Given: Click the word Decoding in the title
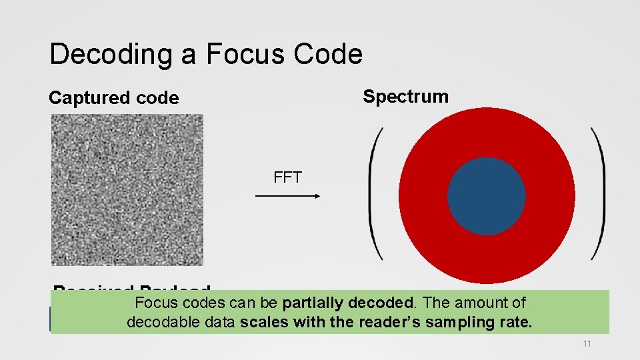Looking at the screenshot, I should click(x=111, y=54).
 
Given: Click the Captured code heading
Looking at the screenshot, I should click(x=114, y=98).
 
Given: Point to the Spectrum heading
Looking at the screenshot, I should click(x=405, y=97).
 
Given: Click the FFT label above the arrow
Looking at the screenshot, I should click(x=287, y=177).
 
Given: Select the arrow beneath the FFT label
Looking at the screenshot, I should click(x=287, y=196).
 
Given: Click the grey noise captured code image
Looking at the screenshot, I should click(x=127, y=190).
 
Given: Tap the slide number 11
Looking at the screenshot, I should click(x=587, y=343).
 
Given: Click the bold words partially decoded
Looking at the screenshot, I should click(x=347, y=303).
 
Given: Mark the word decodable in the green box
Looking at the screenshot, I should click(x=159, y=323).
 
